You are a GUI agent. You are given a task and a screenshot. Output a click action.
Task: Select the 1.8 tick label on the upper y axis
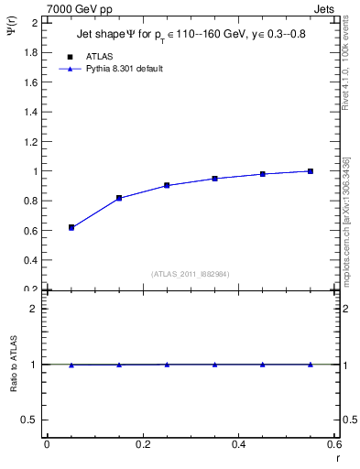click(31, 52)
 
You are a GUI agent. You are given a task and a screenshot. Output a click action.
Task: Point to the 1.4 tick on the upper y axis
click(31, 112)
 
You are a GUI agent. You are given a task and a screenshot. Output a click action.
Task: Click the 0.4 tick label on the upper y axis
click(31, 260)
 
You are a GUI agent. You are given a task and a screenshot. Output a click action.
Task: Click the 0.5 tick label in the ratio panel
click(30, 420)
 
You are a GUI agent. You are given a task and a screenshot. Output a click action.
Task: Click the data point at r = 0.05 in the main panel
click(71, 227)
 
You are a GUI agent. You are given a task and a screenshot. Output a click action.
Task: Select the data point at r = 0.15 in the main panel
click(119, 198)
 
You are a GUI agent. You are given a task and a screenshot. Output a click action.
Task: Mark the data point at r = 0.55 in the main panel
click(311, 171)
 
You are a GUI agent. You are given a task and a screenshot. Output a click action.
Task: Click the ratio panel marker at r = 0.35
click(214, 365)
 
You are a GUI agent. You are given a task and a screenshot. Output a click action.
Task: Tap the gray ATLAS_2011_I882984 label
click(191, 274)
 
